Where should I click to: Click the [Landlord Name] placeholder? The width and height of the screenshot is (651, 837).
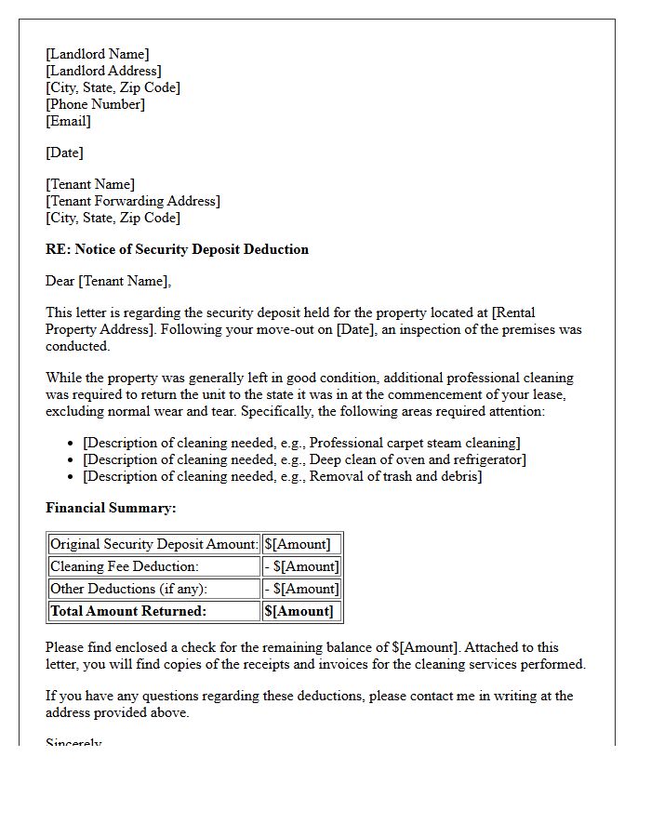click(97, 54)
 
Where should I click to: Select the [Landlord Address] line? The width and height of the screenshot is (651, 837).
click(103, 71)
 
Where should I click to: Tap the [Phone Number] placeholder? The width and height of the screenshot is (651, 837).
click(95, 104)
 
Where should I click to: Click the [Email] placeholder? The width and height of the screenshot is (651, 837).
click(68, 121)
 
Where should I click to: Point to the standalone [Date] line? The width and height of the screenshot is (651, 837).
click(64, 153)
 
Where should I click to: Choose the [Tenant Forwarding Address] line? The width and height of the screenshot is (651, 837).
click(133, 201)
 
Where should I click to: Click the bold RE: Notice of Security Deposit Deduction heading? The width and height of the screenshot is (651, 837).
click(177, 249)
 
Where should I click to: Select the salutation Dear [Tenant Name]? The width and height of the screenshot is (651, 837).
click(109, 281)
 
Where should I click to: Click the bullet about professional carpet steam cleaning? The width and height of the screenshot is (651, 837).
click(301, 443)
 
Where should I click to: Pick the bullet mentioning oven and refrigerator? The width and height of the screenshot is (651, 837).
click(304, 459)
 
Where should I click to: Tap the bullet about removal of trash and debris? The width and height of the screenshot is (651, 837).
click(282, 476)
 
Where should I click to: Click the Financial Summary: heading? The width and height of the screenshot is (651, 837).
click(111, 508)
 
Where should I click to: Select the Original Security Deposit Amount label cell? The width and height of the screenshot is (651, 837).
click(153, 544)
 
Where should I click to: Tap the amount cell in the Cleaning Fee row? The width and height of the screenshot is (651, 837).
click(302, 566)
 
